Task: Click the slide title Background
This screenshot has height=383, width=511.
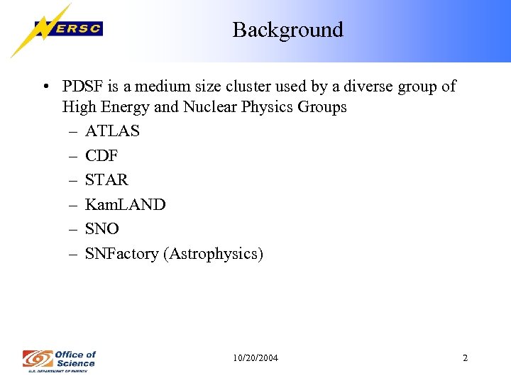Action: [x=287, y=30]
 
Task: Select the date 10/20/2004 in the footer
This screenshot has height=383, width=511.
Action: [x=255, y=358]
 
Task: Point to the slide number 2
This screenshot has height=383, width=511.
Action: [x=465, y=358]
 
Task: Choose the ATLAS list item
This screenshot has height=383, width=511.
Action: [x=112, y=131]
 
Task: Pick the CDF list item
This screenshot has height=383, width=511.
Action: [x=101, y=156]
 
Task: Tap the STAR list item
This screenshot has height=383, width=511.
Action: [x=106, y=180]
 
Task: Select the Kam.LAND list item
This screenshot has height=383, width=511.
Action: [x=125, y=205]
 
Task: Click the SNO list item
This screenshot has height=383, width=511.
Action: [x=102, y=229]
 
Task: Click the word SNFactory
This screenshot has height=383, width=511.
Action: [x=121, y=254]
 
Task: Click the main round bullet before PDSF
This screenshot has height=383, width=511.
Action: [x=45, y=87]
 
